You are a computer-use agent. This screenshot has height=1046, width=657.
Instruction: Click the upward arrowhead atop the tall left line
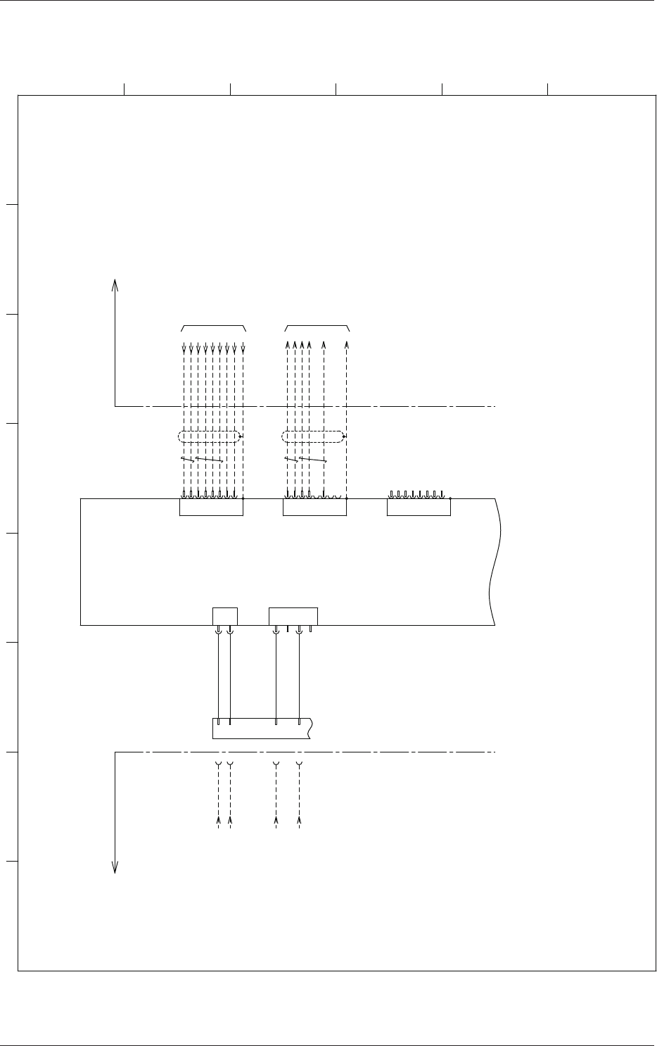pyautogui.click(x=115, y=283)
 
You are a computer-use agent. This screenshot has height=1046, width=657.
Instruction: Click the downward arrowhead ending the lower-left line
pyautogui.click(x=115, y=867)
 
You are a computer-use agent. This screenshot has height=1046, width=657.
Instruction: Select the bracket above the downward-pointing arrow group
pyautogui.click(x=213, y=327)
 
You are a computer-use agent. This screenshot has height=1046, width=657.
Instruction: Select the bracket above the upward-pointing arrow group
pyautogui.click(x=317, y=327)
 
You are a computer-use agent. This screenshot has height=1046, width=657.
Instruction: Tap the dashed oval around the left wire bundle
pyautogui.click(x=210, y=437)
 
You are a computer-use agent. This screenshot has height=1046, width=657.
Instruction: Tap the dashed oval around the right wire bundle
pyautogui.click(x=314, y=437)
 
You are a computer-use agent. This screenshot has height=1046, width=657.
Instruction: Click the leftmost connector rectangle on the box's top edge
pyautogui.click(x=211, y=508)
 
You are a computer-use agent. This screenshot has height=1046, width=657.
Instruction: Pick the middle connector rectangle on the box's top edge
pyautogui.click(x=314, y=508)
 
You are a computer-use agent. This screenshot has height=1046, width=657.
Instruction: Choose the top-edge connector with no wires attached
pyautogui.click(x=419, y=508)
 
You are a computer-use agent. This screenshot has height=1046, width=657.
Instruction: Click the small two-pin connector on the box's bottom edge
pyautogui.click(x=224, y=615)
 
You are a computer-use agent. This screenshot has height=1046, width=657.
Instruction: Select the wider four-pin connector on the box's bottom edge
pyautogui.click(x=293, y=615)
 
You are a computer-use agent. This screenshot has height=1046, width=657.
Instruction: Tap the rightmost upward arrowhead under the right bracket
pyautogui.click(x=347, y=345)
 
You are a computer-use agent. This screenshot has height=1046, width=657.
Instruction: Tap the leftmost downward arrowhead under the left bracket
pyautogui.click(x=184, y=348)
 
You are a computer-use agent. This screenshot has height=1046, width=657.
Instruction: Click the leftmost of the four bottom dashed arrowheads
pyautogui.click(x=219, y=821)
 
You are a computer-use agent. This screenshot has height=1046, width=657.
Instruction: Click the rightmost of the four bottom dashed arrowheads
pyautogui.click(x=300, y=821)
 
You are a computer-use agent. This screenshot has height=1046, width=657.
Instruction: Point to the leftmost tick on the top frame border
pyautogui.click(x=125, y=88)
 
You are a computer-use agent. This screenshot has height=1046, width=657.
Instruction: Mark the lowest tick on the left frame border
pyautogui.click(x=11, y=861)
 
